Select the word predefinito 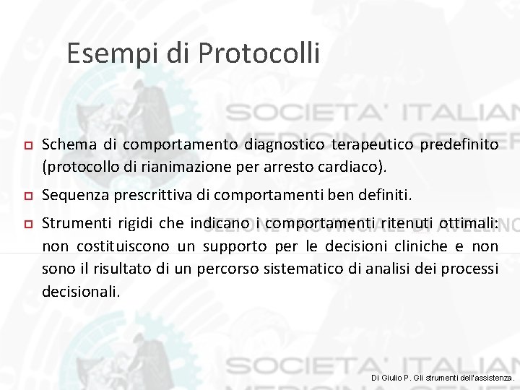click(459, 145)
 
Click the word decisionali click(80, 292)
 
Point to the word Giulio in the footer click(395, 378)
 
